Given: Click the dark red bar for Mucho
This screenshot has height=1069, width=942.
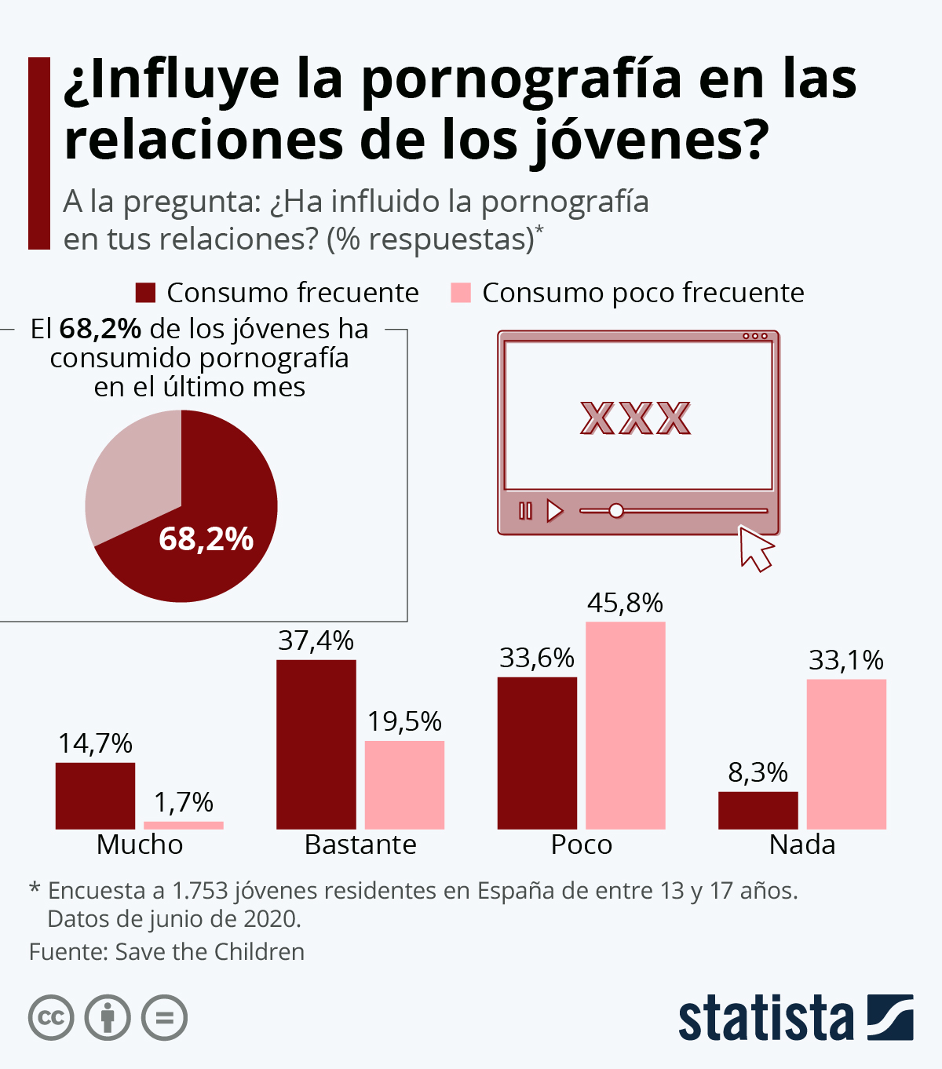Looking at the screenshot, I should tap(95, 795).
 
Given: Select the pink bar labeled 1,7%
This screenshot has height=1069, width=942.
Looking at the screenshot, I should tap(183, 825).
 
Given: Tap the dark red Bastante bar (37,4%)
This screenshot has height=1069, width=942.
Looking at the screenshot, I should tap(316, 744).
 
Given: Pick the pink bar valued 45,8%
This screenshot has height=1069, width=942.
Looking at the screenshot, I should tap(625, 725).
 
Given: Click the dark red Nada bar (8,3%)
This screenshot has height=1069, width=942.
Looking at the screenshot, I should tap(758, 810).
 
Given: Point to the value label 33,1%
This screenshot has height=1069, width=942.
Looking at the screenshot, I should tap(845, 660).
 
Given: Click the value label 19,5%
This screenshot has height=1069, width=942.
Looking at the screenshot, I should tap(404, 721).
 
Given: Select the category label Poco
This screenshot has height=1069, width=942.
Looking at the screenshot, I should tap(581, 845).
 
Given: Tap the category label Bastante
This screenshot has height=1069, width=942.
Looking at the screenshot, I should tap(360, 845).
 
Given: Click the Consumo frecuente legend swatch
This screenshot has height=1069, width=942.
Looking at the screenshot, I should tap(146, 293).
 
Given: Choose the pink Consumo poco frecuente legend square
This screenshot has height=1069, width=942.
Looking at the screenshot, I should tap(461, 293).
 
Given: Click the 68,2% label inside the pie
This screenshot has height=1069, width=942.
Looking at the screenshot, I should tap(206, 539).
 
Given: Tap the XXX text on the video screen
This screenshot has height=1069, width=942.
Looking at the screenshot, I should tap(635, 418).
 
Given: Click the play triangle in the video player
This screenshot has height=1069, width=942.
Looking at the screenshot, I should tap(554, 511).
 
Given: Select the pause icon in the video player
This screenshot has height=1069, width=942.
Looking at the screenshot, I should tap(525, 511).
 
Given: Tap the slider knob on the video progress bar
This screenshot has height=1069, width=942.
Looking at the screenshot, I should tap(616, 511).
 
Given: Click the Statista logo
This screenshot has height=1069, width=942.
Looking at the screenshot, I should tap(795, 1018).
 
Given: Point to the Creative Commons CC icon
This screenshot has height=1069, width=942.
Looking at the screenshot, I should tap(51, 1018).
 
